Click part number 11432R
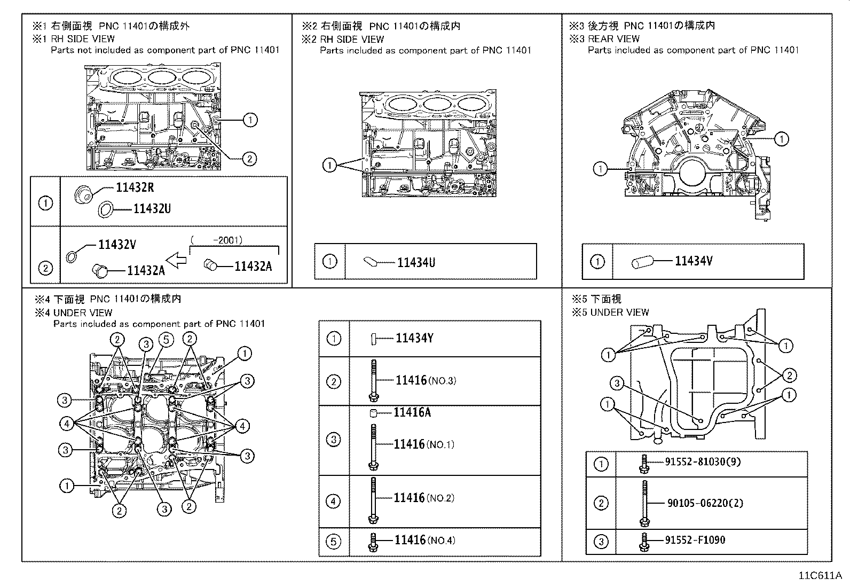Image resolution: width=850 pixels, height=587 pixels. point(135,187)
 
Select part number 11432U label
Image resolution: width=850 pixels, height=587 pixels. point(152,209)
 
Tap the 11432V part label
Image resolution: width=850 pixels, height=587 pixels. point(117,245)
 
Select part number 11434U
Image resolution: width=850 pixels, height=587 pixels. point(416,262)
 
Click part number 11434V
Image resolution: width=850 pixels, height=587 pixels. point(694,261)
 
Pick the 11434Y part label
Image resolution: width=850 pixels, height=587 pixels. point(414,338)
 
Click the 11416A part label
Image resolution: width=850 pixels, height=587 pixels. point(412,412)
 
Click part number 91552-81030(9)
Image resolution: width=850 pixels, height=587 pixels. point(702,461)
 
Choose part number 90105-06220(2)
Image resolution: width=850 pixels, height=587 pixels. point(705,503)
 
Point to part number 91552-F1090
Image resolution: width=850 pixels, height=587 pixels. point(695,540)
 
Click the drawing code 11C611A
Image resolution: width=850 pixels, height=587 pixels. point(820,576)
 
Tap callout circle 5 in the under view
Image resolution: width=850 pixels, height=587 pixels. point(166,339)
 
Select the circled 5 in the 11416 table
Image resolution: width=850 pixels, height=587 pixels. point(333,542)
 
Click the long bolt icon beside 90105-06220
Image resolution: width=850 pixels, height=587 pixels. point(644,503)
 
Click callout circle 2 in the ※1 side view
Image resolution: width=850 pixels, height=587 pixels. point(249,158)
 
